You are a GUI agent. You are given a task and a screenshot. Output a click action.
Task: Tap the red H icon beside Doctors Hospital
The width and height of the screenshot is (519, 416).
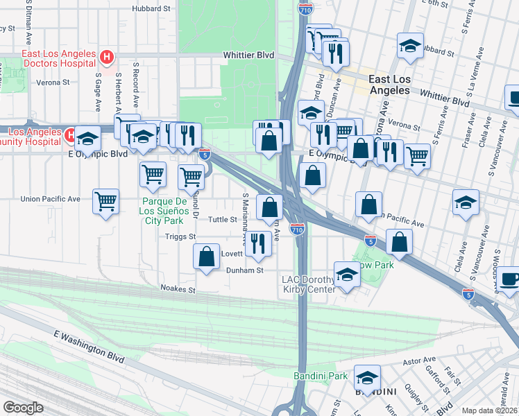tap(106, 57)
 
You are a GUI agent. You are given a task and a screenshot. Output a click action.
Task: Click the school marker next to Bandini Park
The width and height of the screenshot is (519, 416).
tap(367, 379)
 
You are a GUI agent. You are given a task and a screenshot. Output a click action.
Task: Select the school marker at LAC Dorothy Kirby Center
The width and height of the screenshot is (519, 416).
tap(347, 275)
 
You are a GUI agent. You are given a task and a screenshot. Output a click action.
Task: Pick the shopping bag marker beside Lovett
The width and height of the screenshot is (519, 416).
tap(207, 257)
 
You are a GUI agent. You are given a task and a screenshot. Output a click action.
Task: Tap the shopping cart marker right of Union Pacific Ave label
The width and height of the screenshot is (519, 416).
tap(105, 202)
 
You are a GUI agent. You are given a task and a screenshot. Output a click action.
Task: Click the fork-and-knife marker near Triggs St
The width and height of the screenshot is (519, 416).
tap(258, 243)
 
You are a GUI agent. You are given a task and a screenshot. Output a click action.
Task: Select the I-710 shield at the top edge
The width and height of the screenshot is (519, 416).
tap(305, 9)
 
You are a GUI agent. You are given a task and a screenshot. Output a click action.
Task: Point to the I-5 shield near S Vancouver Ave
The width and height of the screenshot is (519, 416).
tap(468, 293)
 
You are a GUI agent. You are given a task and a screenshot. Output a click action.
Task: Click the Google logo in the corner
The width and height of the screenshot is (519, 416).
tap(23, 407)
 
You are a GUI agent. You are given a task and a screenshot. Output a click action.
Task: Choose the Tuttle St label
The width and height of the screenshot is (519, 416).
tap(224, 219)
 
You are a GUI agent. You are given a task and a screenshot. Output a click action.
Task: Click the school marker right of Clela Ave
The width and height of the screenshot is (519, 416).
tap(466, 202)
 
